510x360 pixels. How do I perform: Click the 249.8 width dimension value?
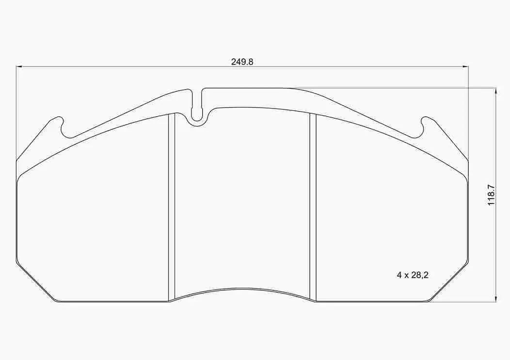[242, 62]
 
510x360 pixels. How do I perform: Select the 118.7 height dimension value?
[492, 195]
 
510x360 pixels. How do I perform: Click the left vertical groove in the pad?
[171, 208]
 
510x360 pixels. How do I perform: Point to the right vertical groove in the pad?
[313, 208]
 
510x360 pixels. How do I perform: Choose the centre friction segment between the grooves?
[241, 203]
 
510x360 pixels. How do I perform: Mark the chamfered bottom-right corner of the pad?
[448, 283]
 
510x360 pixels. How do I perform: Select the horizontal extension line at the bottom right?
[465, 302]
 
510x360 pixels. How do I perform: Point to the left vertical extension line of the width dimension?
[16, 111]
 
